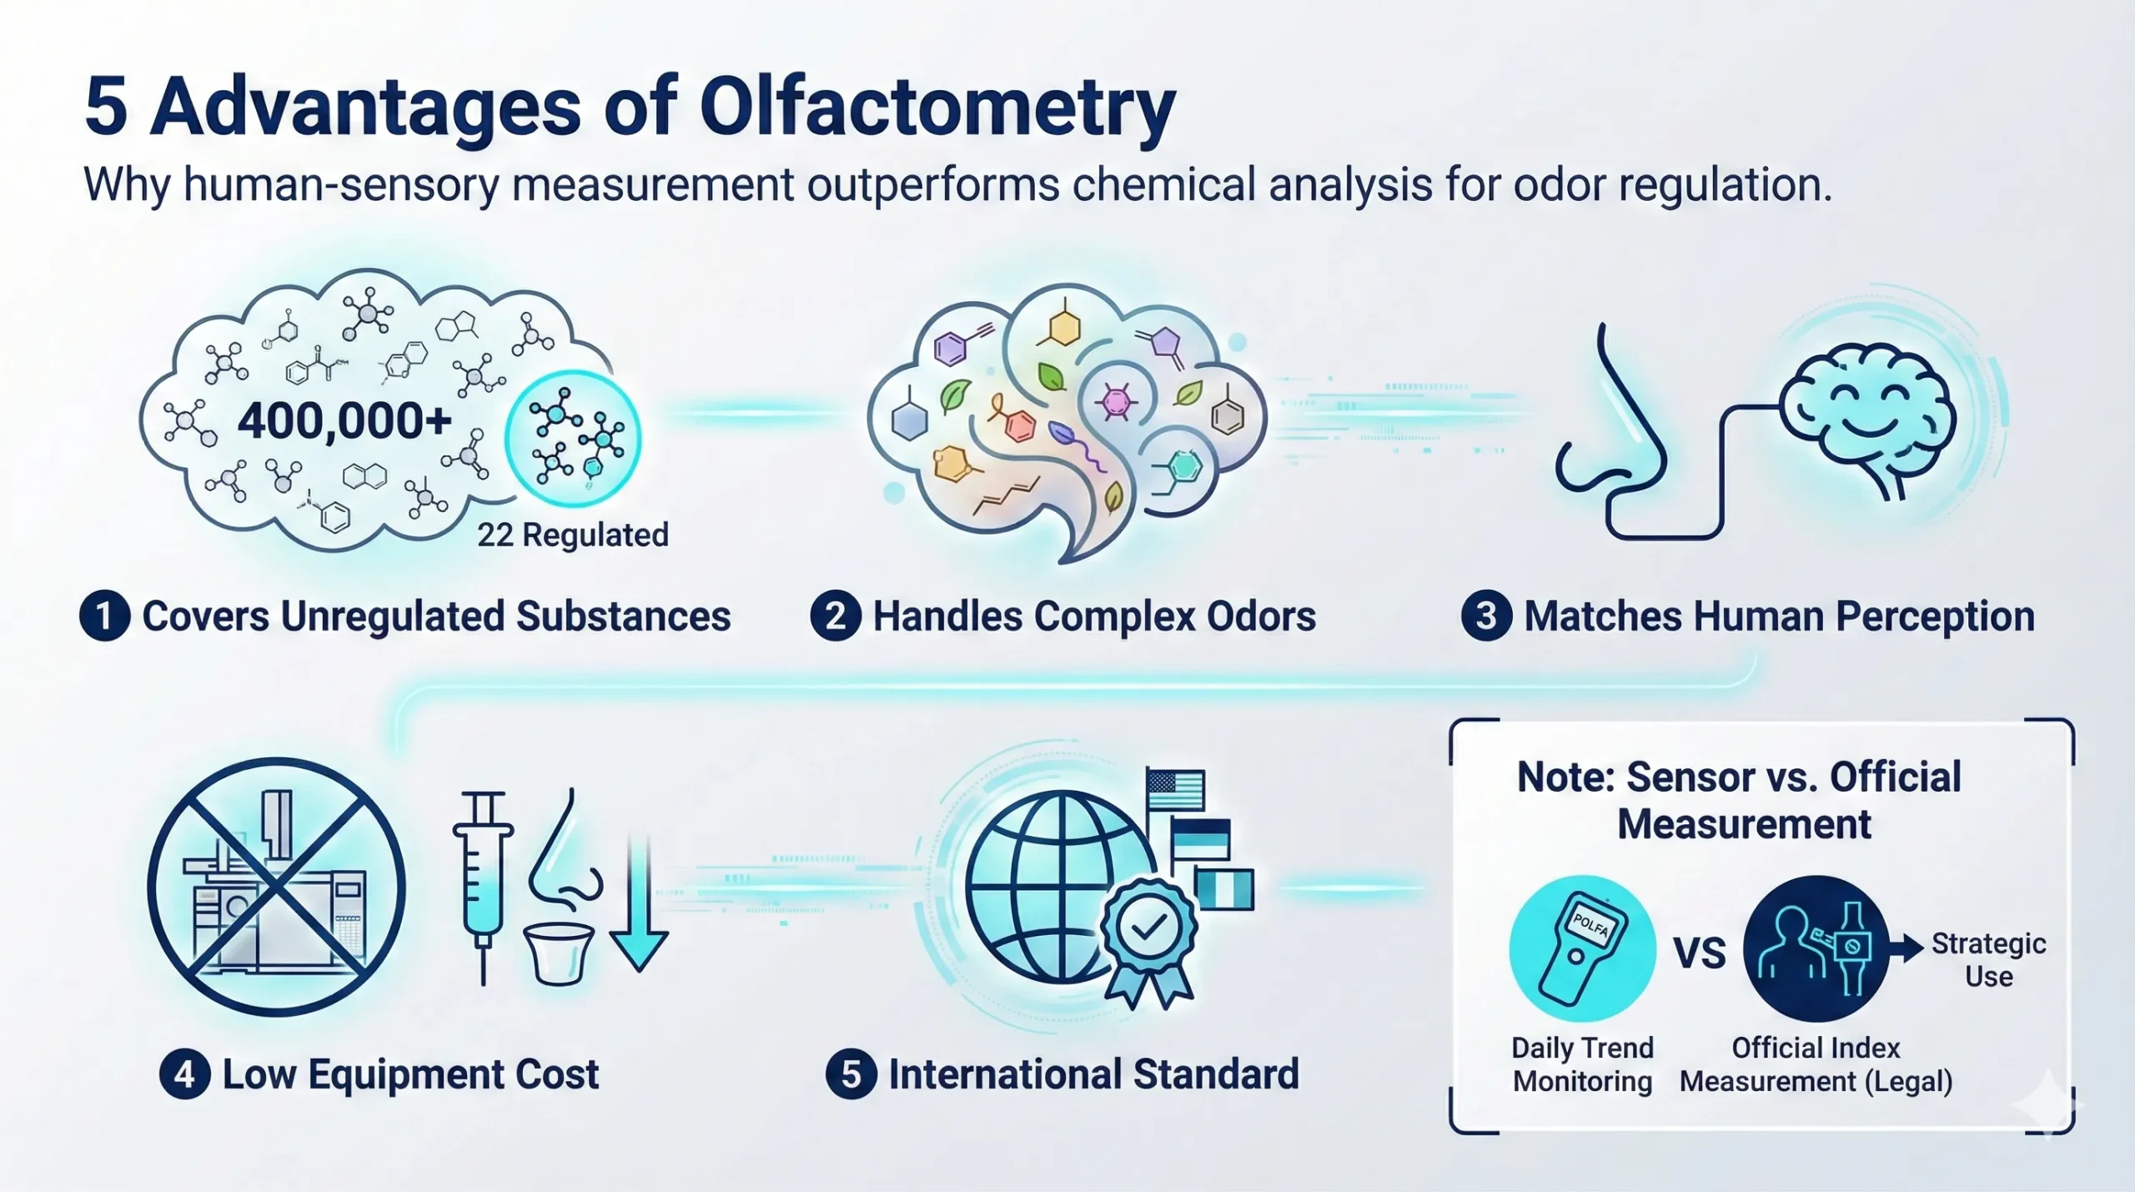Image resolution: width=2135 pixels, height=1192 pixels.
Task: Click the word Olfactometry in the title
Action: click(937, 108)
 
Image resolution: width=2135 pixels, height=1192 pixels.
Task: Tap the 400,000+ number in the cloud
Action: click(344, 421)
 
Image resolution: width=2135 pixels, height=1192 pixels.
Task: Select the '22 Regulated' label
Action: click(573, 535)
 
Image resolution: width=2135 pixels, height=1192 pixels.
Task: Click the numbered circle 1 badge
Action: click(104, 616)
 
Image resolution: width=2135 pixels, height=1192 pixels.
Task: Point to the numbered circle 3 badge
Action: click(1486, 616)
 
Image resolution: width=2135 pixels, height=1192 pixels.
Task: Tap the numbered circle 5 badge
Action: click(851, 1074)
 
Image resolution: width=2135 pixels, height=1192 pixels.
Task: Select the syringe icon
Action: click(483, 884)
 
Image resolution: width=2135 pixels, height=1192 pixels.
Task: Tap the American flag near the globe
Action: click(1175, 789)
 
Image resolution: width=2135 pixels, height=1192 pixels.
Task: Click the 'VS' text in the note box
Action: click(1700, 953)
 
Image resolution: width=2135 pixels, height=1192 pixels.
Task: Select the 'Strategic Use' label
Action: click(1988, 960)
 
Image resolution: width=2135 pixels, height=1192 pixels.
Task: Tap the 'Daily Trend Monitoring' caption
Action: click(1582, 1064)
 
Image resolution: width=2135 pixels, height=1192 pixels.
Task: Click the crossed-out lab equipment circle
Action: click(277, 887)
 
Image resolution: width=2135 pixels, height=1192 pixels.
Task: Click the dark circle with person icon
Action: click(1816, 948)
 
